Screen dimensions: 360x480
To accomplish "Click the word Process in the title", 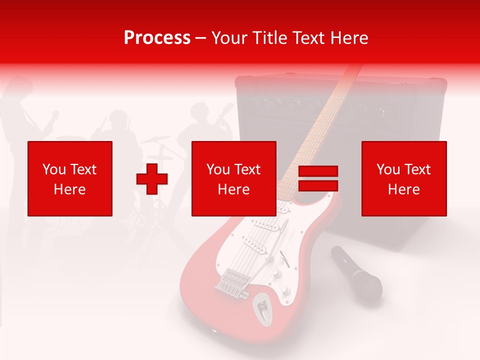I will tap(157, 38).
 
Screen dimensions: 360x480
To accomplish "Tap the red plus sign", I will tap(152, 179).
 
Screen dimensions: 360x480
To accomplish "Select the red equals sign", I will tap(318, 178).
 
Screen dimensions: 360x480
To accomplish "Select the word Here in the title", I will tap(350, 38).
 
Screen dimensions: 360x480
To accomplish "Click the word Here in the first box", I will tap(69, 189).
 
